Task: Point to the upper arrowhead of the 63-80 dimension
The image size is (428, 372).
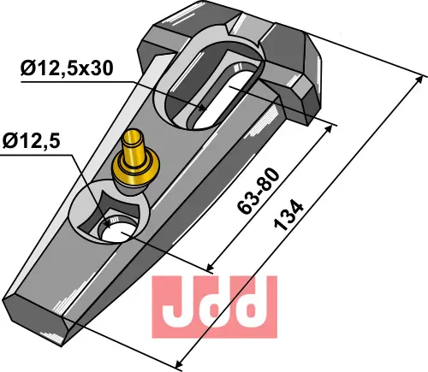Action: (330, 125)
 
